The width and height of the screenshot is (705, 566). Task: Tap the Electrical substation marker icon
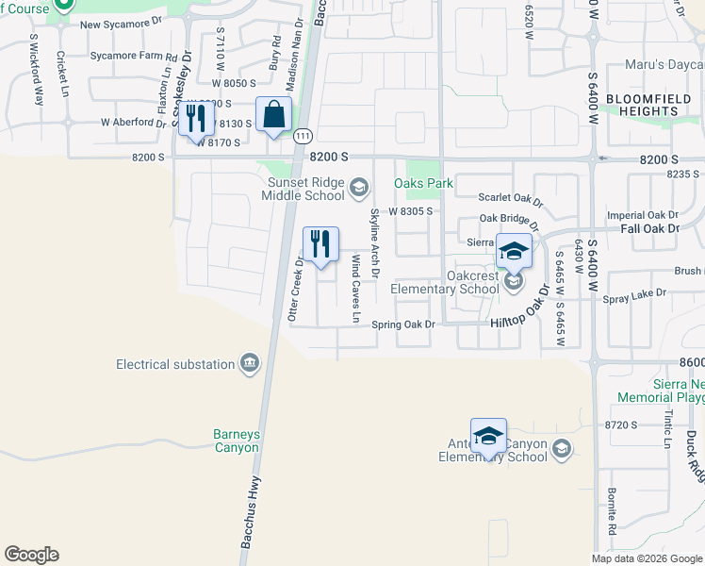[250, 364]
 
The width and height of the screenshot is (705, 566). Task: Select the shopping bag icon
[273, 116]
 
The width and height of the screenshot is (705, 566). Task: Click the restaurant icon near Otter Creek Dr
[320, 244]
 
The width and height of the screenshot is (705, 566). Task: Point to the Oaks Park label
[423, 183]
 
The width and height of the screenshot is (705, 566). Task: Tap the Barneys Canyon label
[236, 441]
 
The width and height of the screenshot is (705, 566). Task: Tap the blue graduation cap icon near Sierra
[514, 251]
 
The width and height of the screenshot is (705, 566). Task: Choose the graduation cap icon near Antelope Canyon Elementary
[488, 436]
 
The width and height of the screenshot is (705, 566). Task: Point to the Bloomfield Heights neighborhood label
[648, 105]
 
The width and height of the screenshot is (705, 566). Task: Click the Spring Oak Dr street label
[402, 325]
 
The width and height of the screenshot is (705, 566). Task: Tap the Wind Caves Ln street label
[356, 289]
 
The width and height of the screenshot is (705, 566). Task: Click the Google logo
[31, 555]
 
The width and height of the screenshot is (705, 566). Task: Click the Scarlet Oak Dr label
[511, 200]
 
